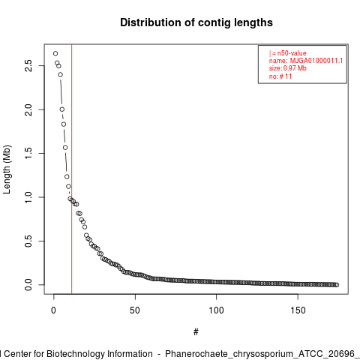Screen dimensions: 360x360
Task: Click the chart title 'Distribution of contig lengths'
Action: coord(196,22)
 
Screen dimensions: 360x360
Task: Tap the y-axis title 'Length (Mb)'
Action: coord(7,169)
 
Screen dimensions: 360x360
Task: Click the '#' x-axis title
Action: coord(196,332)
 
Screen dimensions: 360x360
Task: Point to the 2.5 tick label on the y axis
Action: coord(28,66)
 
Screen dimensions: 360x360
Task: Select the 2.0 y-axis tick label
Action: coord(28,109)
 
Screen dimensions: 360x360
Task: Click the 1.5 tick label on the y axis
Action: coord(28,153)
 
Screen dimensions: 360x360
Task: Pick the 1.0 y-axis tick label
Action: coord(28,197)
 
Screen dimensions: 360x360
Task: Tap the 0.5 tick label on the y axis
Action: coord(28,241)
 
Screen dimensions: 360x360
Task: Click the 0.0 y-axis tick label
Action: coord(28,285)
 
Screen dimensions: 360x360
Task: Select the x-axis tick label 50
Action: coord(135,310)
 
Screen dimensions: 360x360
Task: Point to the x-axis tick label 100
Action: coord(216,310)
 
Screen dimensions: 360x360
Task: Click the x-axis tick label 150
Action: coord(298,310)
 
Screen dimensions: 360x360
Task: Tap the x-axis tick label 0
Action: coord(53,310)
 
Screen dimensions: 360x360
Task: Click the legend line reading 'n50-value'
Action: coord(288,53)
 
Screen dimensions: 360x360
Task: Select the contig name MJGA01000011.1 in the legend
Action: coord(316,61)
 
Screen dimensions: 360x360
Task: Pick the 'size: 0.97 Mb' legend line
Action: coord(288,68)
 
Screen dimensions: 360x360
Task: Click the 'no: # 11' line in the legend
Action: coord(280,76)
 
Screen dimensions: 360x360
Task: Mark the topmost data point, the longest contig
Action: coord(55,53)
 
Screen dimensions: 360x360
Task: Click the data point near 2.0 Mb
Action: coord(62,109)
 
